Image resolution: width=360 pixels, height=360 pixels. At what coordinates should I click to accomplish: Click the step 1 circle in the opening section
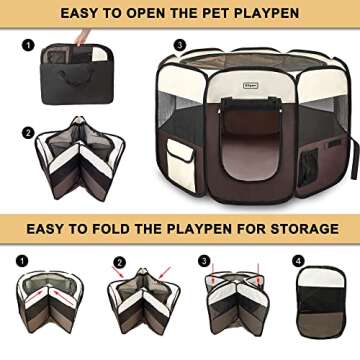click(x=28, y=45)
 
